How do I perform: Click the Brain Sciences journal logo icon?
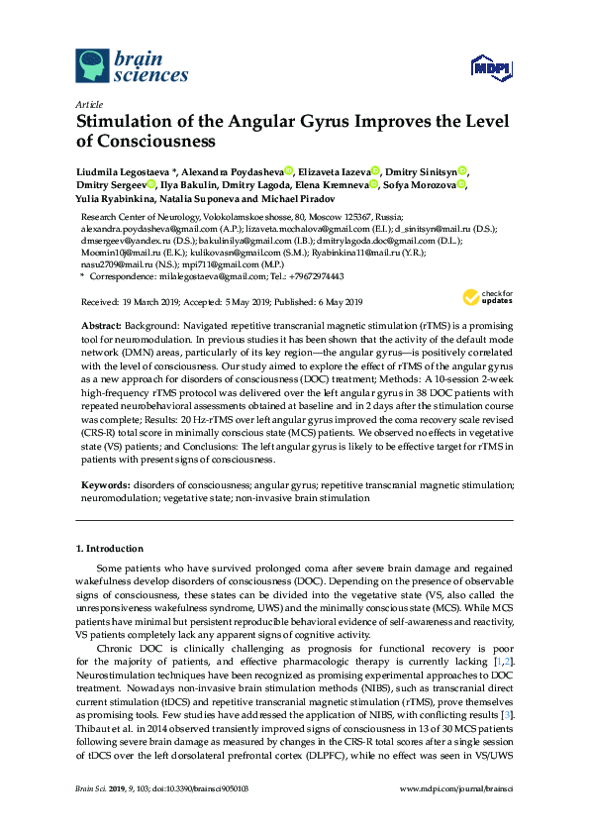pos(93,65)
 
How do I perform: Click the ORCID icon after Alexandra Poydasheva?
pos(288,170)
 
